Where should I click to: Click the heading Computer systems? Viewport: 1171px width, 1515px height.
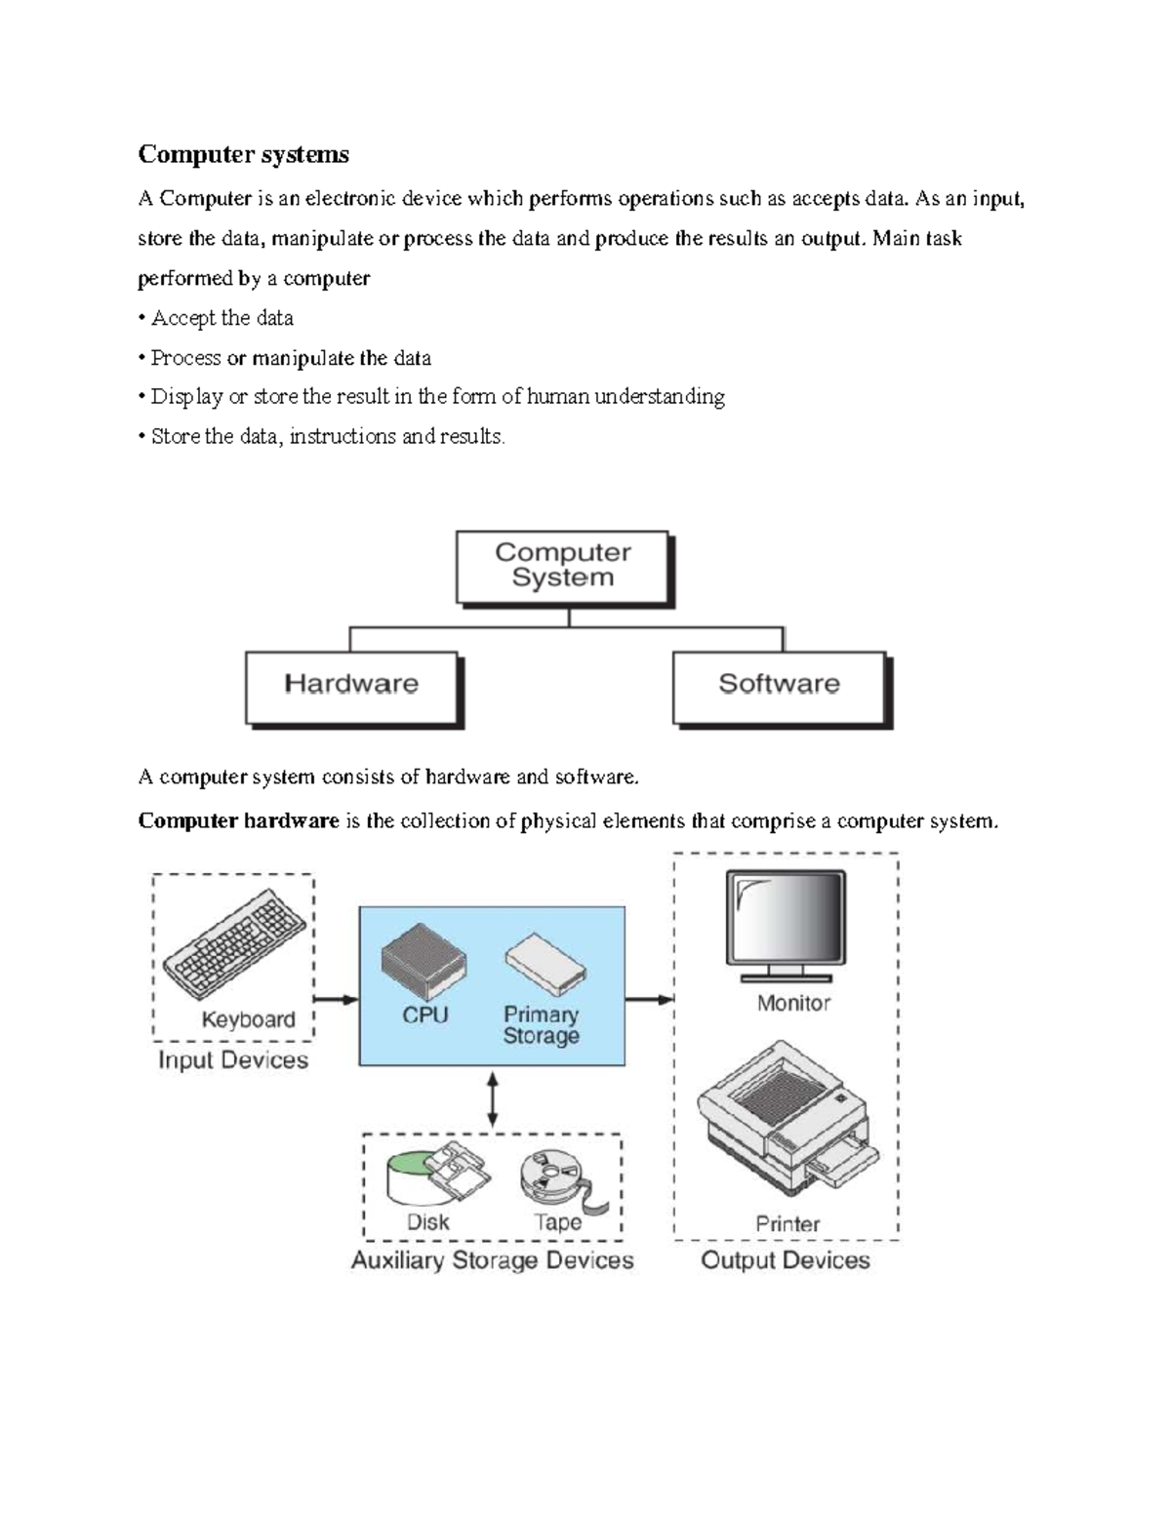click(243, 154)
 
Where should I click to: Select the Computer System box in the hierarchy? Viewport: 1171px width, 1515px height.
click(563, 566)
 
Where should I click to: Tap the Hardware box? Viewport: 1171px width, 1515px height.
click(351, 685)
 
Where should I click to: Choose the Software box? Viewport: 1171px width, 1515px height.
click(779, 685)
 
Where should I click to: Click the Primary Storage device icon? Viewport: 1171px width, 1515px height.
click(545, 961)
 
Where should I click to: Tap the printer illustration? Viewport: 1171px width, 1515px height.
click(786, 1118)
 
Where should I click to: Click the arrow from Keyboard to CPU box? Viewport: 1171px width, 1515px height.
click(336, 999)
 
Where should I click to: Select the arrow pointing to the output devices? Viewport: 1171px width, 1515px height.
click(649, 999)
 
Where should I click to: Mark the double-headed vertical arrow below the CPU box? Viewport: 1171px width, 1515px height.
click(493, 1099)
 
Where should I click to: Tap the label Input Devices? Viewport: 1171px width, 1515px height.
click(233, 1060)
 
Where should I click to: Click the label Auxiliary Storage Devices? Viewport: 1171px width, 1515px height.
click(492, 1260)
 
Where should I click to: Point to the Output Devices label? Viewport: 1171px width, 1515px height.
click(786, 1260)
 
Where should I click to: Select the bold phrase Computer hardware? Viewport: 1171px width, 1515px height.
click(238, 820)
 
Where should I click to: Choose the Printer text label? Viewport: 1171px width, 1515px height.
click(787, 1223)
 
